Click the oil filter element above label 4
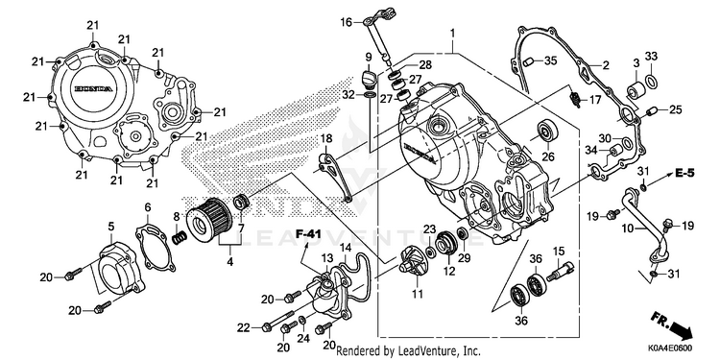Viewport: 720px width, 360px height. click(209, 221)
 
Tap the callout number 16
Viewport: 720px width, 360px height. click(346, 21)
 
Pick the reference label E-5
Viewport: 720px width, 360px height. click(685, 173)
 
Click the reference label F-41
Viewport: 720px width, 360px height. click(307, 234)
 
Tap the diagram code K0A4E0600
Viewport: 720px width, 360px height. click(670, 348)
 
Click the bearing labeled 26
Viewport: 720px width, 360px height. click(546, 132)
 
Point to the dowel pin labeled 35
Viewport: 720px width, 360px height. click(529, 61)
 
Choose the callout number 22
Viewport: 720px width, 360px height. click(244, 328)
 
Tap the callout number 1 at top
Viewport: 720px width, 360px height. click(452, 33)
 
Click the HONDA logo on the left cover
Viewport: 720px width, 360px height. click(93, 88)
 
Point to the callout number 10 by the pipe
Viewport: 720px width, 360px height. click(630, 227)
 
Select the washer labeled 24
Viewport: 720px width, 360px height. click(302, 320)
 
